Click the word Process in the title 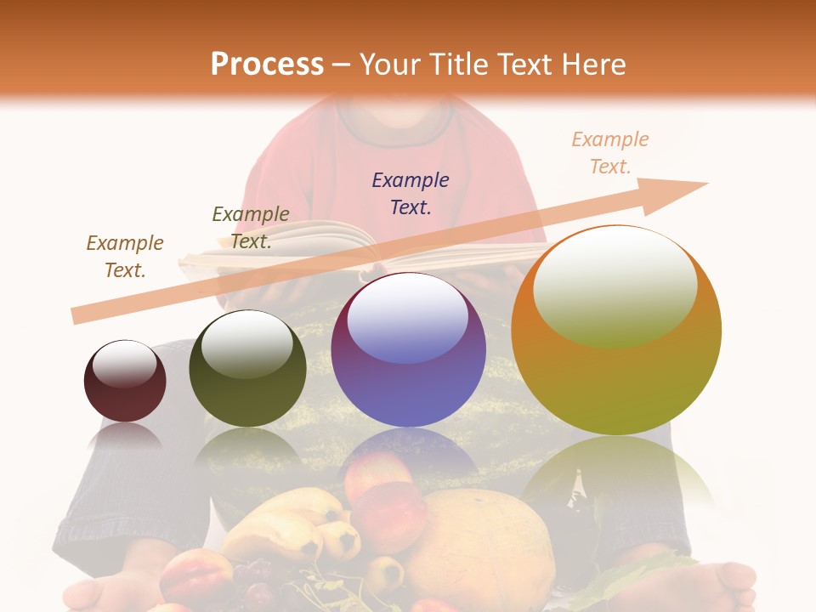coord(267,64)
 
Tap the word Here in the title coord(592,64)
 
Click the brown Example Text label coord(125,257)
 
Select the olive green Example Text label coord(251,228)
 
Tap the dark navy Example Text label coord(411,193)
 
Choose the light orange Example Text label coord(610,153)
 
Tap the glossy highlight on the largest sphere coord(615,285)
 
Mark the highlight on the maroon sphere coord(125,363)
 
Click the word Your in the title coord(394,64)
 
